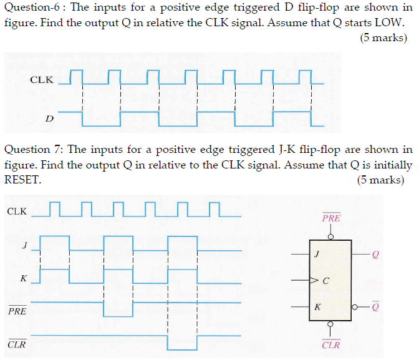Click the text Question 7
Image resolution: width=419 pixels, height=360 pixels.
(32, 150)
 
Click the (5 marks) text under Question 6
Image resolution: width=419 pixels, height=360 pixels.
(383, 38)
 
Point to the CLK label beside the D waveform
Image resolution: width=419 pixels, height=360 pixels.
(42, 80)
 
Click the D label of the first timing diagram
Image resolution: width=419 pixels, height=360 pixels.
(49, 117)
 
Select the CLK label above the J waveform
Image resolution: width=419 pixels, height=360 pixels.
(17, 211)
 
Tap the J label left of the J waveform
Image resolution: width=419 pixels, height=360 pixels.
(25, 245)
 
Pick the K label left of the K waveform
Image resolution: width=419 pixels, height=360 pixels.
(24, 278)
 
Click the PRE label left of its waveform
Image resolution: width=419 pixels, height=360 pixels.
(17, 310)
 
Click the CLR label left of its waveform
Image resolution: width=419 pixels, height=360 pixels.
(17, 344)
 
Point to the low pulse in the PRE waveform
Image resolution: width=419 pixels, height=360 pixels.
(118, 316)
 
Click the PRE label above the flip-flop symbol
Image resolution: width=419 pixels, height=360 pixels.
(331, 219)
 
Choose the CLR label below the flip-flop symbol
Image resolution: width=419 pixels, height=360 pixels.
(331, 345)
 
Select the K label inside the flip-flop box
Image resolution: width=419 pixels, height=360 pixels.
(318, 307)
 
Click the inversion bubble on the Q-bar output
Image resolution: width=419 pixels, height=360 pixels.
(355, 307)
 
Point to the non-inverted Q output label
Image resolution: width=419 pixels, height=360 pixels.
(375, 255)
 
